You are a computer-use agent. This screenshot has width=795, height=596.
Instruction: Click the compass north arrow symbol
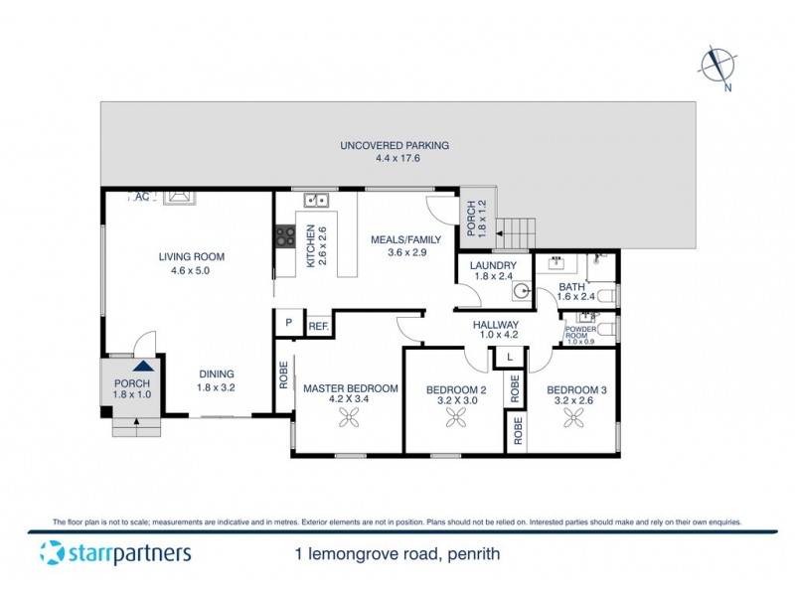pyautogui.click(x=715, y=67)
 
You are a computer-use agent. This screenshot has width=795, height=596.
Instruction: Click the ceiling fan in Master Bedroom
pyautogui.click(x=350, y=421)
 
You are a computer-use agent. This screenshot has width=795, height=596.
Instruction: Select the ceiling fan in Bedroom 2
pyautogui.click(x=458, y=421)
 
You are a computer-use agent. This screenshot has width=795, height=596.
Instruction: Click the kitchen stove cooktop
pyautogui.click(x=284, y=237)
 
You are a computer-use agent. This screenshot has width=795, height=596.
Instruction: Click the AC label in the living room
pyautogui.click(x=141, y=197)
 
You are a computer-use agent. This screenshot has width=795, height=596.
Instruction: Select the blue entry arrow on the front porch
pyautogui.click(x=133, y=369)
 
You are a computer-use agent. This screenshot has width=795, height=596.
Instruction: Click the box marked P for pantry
pyautogui.click(x=287, y=323)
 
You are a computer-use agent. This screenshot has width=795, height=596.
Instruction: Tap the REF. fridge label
pyautogui.click(x=318, y=325)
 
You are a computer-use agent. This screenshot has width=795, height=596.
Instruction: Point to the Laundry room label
pyautogui.click(x=493, y=272)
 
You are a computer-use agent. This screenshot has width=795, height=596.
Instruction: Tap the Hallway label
pyautogui.click(x=495, y=330)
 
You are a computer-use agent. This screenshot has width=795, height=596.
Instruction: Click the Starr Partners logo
pyautogui.click(x=115, y=552)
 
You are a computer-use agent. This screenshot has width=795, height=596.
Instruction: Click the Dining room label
pyautogui.click(x=215, y=380)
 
